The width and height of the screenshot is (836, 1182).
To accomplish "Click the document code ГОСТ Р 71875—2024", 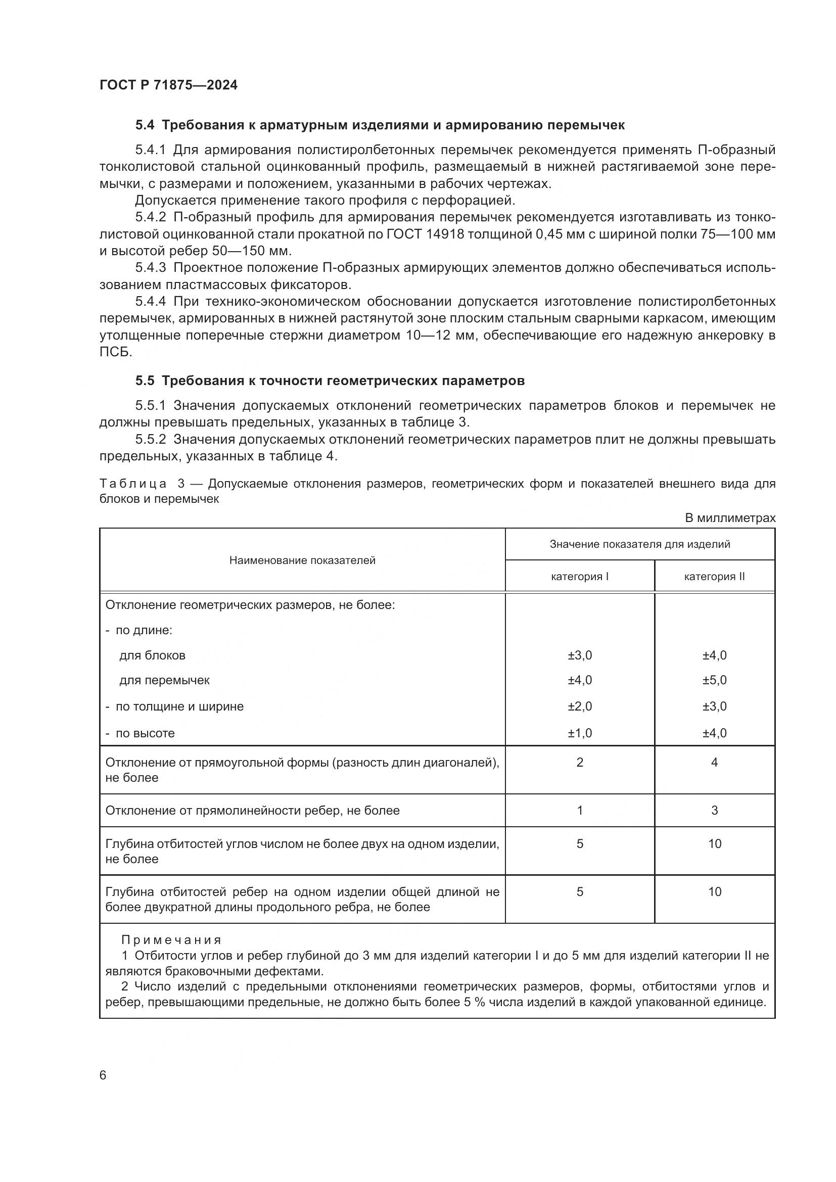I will click(168, 85).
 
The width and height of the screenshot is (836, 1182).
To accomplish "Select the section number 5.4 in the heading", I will click(145, 125).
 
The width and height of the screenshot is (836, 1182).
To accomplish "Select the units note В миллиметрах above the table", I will click(730, 518).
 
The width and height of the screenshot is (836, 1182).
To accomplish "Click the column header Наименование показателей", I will click(302, 560).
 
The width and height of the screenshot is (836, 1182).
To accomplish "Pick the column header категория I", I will click(580, 577).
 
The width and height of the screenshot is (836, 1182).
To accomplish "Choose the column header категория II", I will click(714, 577).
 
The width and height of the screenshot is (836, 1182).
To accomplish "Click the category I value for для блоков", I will click(580, 655).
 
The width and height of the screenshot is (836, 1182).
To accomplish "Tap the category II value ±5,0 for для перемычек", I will click(714, 680).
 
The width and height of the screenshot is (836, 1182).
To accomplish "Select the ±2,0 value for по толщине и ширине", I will click(580, 706).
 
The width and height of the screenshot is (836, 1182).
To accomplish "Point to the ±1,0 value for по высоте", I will click(580, 733).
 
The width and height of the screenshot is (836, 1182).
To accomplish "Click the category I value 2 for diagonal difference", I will click(580, 763).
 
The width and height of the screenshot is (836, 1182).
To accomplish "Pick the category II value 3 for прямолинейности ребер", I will click(714, 810).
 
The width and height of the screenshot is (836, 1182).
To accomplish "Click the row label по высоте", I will click(145, 733).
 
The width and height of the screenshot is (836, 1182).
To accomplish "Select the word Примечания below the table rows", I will click(171, 940).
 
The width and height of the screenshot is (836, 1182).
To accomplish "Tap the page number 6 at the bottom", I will click(103, 1075).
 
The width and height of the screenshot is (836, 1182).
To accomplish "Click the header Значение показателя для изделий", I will click(639, 544).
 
